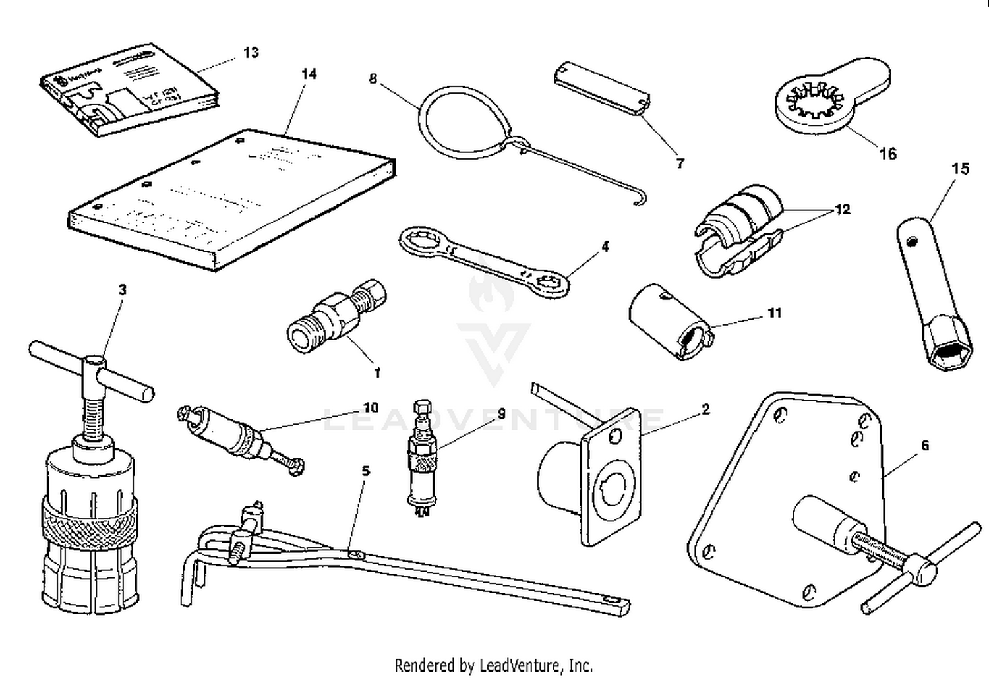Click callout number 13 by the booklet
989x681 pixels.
point(251,53)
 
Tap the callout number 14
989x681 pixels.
point(309,74)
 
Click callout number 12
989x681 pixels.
point(842,210)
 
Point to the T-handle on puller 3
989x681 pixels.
point(92,372)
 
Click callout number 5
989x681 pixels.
point(365,471)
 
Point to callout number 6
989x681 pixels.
point(924,446)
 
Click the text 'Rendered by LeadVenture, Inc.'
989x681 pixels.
point(493,665)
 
